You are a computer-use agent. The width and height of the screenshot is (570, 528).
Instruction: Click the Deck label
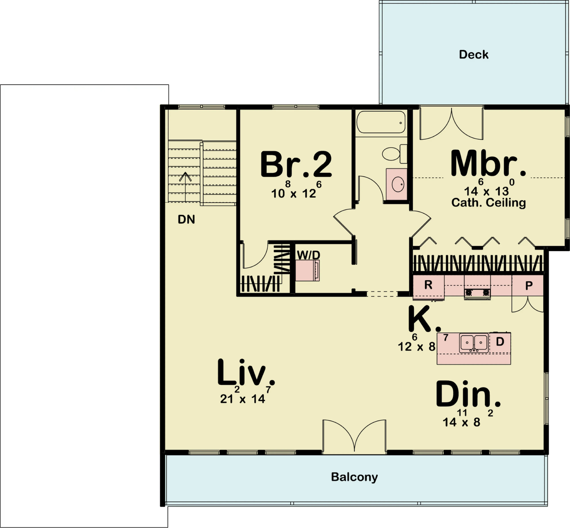pos(474,55)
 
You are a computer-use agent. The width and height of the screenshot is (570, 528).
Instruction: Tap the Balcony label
pos(354,477)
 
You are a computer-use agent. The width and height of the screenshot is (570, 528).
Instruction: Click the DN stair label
pos(186,219)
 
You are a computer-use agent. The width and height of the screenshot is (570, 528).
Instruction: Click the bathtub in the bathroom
pos(381,122)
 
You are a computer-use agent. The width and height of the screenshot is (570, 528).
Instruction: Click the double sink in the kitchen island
pos(474,343)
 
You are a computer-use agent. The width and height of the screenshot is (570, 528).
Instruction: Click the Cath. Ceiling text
pos(488,203)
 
